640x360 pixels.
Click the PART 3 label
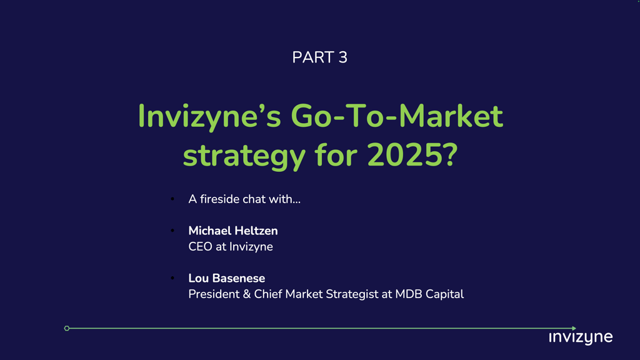pyautogui.click(x=319, y=57)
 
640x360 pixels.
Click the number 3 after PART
pyautogui.click(x=343, y=57)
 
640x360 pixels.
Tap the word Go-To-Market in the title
pyautogui.click(x=397, y=116)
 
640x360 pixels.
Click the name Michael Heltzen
pyautogui.click(x=233, y=231)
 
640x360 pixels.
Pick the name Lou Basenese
pyautogui.click(x=226, y=278)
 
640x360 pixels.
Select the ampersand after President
pyautogui.click(x=246, y=294)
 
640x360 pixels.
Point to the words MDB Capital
pyautogui.click(x=429, y=294)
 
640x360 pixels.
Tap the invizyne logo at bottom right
pyautogui.click(x=581, y=337)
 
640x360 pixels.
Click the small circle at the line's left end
pyautogui.click(x=67, y=328)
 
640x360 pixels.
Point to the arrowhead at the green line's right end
pyautogui.click(x=574, y=328)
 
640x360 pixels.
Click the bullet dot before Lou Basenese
pyautogui.click(x=172, y=278)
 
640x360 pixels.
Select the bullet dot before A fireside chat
pyautogui.click(x=172, y=199)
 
